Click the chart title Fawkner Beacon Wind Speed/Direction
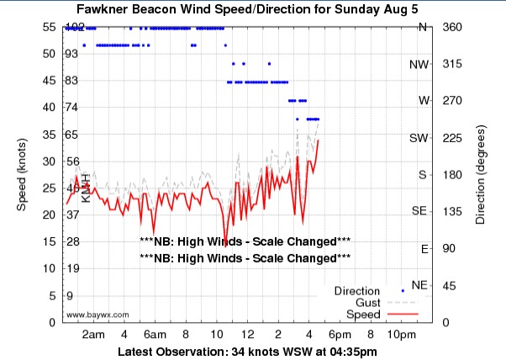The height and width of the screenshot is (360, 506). click(252, 9)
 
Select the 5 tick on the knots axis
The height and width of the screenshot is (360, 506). click(51, 296)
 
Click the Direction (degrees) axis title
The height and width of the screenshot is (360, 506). click(480, 174)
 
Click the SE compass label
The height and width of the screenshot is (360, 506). click(418, 212)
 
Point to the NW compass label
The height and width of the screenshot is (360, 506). click(418, 64)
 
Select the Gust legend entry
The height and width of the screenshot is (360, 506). click(368, 302)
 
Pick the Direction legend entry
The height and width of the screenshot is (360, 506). click(363, 291)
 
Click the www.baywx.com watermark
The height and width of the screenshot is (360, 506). click(97, 315)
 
